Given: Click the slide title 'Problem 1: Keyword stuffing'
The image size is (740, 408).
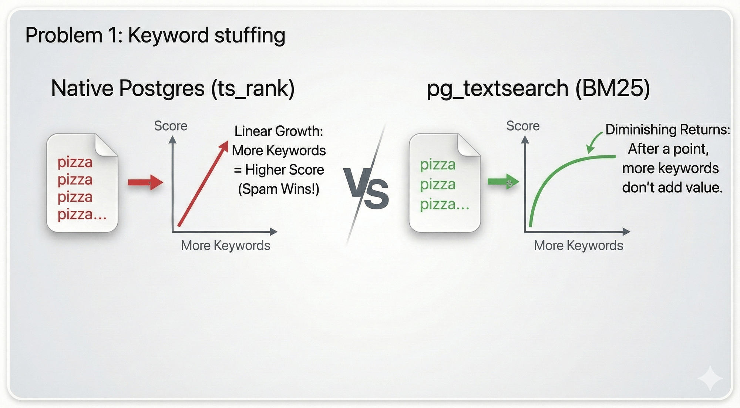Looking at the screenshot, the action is pyautogui.click(x=155, y=36).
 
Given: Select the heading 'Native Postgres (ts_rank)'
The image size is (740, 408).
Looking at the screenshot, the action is pyautogui.click(x=173, y=89).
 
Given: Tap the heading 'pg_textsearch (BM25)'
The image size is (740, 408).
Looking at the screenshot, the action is pyautogui.click(x=538, y=89).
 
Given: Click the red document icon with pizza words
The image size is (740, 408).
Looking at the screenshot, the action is pyautogui.click(x=82, y=183).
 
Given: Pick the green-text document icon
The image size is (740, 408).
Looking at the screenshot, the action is pyautogui.click(x=445, y=183).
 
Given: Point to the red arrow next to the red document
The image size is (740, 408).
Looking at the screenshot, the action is pyautogui.click(x=145, y=182).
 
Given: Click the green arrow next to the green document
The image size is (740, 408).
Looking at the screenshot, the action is pyautogui.click(x=504, y=182).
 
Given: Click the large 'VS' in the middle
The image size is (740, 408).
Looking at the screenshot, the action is pyautogui.click(x=366, y=189).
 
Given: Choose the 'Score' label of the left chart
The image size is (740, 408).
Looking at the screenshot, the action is pyautogui.click(x=171, y=126).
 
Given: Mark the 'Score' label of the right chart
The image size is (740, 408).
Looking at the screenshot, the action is pyautogui.click(x=523, y=126).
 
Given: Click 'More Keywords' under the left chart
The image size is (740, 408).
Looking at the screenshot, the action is pyautogui.click(x=226, y=246).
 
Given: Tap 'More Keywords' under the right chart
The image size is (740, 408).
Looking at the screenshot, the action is pyautogui.click(x=579, y=246).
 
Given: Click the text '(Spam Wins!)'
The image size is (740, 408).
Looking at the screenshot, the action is pyautogui.click(x=279, y=189).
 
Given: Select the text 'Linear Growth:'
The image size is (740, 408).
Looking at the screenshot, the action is pyautogui.click(x=279, y=131).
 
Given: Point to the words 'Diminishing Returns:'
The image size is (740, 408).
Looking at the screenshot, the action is pyautogui.click(x=668, y=130).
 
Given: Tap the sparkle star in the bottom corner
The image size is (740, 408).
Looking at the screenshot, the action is pyautogui.click(x=710, y=378).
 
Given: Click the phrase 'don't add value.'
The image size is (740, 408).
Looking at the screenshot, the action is pyautogui.click(x=672, y=188).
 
